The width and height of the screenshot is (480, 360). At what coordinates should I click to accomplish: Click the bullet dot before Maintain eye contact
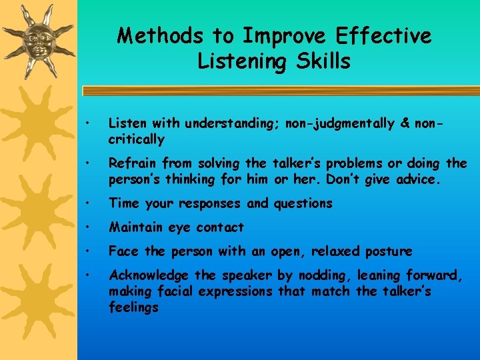[x=87, y=227]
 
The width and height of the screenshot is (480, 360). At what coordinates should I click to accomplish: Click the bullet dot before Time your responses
[x=87, y=203]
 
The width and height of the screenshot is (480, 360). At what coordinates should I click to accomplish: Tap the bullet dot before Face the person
[x=87, y=251]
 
